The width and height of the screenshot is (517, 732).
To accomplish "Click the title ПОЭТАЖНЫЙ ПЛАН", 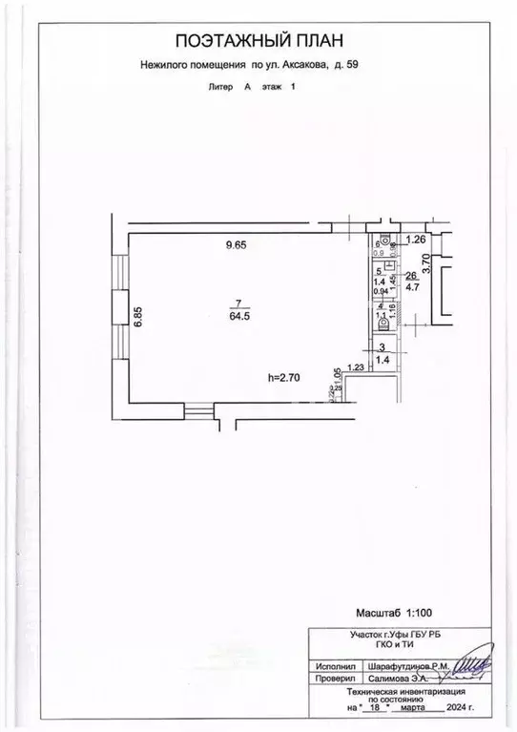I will click(257, 40).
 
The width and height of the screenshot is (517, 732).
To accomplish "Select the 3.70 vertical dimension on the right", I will click(426, 263).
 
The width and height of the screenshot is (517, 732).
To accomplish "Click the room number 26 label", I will click(412, 276).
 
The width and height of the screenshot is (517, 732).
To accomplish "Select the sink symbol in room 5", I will click(389, 265).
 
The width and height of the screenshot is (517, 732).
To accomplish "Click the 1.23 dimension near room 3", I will click(356, 366).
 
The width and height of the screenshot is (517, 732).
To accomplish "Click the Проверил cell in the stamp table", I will click(331, 680).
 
